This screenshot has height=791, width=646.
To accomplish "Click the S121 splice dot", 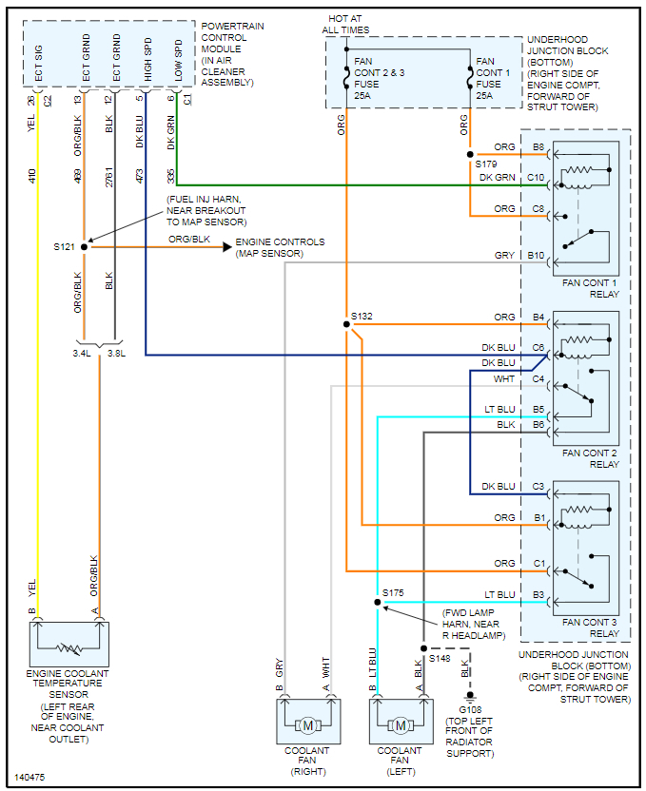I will tap(85, 247).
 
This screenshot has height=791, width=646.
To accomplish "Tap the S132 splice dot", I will tap(346, 324).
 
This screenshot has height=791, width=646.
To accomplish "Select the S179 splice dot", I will tap(470, 154).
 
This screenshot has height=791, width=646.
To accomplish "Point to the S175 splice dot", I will tap(378, 603).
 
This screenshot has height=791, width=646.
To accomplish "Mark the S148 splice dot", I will tap(422, 648).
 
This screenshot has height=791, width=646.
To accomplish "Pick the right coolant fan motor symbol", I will tap(307, 725).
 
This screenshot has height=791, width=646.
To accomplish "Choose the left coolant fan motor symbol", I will tap(401, 725).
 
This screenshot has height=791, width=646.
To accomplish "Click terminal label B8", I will tap(538, 146).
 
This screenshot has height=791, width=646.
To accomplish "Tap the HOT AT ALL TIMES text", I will tap(346, 24).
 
